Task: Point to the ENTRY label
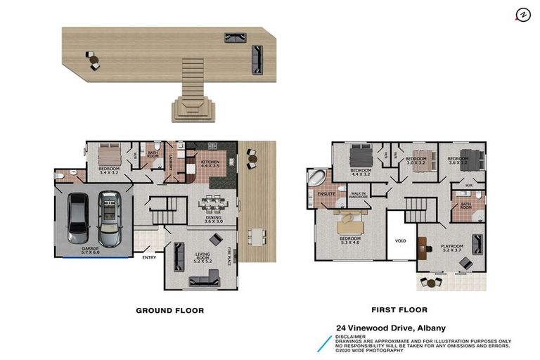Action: click(149, 257)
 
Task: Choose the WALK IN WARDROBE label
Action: click(359, 195)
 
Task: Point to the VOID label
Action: click(400, 240)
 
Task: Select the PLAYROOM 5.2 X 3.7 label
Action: click(452, 248)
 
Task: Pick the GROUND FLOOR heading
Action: click(169, 310)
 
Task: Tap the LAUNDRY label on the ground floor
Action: click(171, 164)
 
